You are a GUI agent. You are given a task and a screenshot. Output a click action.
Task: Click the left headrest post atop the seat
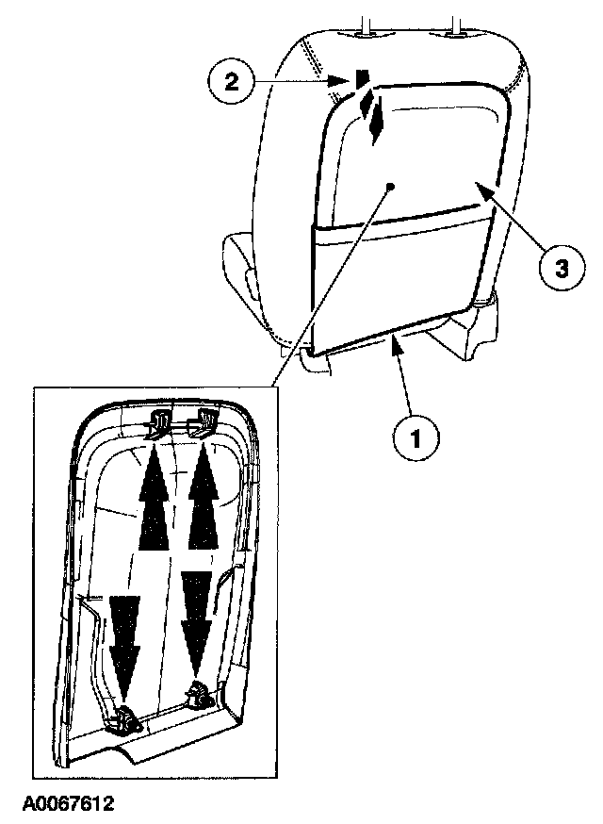tap(363, 28)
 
